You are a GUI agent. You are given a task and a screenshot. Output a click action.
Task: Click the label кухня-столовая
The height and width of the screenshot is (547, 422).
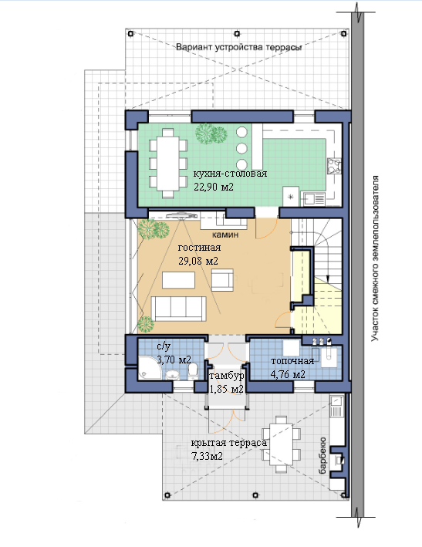(230, 174)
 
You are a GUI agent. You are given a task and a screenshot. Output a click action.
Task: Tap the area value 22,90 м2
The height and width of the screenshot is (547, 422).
(214, 187)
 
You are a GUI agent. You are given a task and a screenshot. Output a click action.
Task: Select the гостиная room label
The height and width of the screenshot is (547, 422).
(199, 248)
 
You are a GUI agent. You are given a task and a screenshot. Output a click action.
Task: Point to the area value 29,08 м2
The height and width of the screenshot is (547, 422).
(198, 261)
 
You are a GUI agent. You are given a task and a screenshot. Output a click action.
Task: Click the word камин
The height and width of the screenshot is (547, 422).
(225, 235)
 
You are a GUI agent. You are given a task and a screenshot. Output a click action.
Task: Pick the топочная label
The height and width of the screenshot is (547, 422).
(292, 361)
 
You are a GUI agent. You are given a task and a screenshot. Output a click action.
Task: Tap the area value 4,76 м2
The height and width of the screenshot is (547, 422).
(288, 375)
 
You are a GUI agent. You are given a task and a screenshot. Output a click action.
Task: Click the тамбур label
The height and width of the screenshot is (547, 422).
(226, 376)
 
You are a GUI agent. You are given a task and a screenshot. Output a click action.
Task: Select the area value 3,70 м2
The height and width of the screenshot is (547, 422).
(174, 360)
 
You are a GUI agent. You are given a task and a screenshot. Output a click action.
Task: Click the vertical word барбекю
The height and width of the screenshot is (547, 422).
(322, 455)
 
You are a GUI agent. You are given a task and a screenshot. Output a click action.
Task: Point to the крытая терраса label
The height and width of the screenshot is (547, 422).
(229, 443)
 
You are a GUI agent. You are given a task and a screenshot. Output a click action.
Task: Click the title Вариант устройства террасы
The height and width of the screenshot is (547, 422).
(239, 47)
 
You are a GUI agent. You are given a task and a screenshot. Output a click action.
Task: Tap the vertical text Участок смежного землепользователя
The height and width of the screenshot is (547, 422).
(375, 258)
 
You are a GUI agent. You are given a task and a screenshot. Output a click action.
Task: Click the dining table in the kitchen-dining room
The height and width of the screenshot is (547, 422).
(168, 164)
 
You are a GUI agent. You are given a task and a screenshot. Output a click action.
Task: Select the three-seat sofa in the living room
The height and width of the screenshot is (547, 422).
(178, 309)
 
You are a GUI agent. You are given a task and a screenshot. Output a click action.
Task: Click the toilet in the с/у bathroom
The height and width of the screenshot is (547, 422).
(193, 372)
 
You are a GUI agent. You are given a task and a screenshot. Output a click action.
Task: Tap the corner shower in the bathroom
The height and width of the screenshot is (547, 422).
(150, 368)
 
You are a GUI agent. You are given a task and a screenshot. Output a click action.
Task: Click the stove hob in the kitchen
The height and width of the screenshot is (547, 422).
(334, 166)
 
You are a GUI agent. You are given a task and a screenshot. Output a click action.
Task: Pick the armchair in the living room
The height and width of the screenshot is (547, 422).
(222, 280)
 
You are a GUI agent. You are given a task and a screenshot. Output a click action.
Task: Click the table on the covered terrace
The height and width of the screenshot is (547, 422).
(282, 444)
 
